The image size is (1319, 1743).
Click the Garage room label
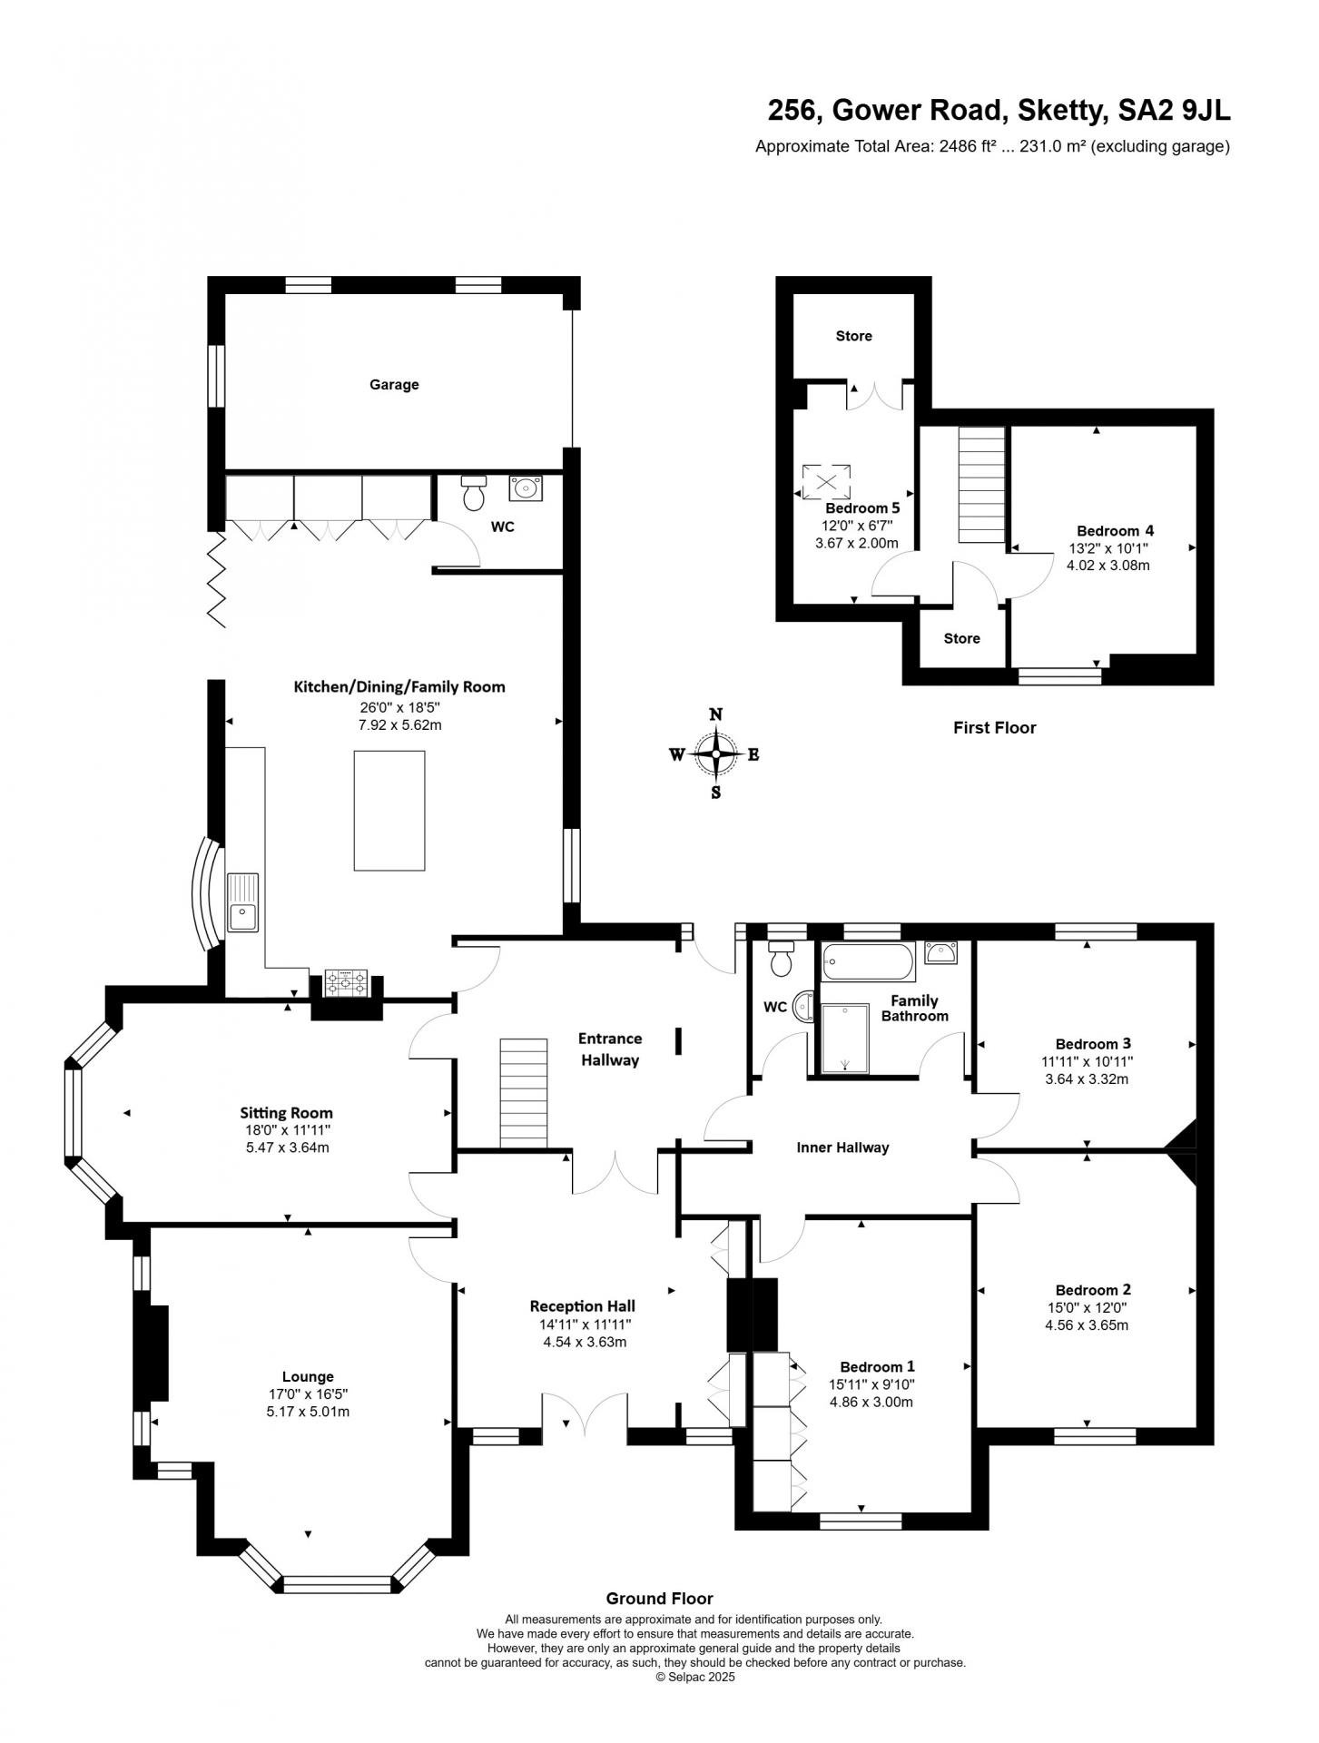tap(394, 385)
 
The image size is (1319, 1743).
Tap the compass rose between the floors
tap(716, 753)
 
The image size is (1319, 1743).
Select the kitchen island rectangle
tap(389, 810)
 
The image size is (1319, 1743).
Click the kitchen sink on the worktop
tap(243, 901)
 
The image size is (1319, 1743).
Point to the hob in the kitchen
tap(347, 982)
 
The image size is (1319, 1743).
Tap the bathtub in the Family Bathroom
tap(867, 961)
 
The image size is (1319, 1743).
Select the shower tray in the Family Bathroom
tap(845, 1039)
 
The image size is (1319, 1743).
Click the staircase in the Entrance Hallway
tap(524, 1093)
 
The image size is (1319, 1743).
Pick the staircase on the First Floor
tap(982, 485)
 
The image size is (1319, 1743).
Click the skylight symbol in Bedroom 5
tap(825, 481)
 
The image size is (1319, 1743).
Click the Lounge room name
tap(308, 1376)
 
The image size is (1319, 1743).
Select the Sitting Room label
tap(286, 1113)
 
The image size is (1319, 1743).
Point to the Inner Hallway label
tap(842, 1147)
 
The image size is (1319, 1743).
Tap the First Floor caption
tap(994, 727)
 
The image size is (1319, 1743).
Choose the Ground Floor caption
tap(659, 1599)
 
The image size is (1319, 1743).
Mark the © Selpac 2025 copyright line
tap(695, 1678)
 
